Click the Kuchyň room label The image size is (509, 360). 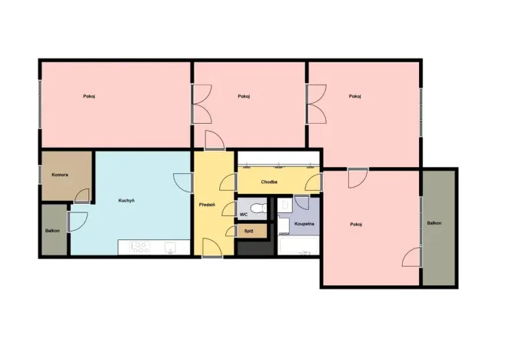pyautogui.click(x=127, y=201)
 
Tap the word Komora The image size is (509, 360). pyautogui.click(x=60, y=175)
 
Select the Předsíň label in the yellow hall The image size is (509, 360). pyautogui.click(x=206, y=205)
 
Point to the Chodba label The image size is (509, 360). pyautogui.click(x=269, y=182)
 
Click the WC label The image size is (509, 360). pyautogui.click(x=244, y=215)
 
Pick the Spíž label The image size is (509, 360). pyautogui.click(x=248, y=230)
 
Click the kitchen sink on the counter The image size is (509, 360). pyautogui.click(x=171, y=247)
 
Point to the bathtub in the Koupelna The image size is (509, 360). pyautogui.click(x=296, y=247)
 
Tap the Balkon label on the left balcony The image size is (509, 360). pyautogui.click(x=52, y=230)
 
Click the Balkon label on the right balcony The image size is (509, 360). pyautogui.click(x=434, y=223)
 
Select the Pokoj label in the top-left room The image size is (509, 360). pyautogui.click(x=89, y=96)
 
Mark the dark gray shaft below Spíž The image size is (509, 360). pyautogui.click(x=254, y=247)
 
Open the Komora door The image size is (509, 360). pyautogui.click(x=82, y=196)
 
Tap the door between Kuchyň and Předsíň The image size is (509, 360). pyautogui.click(x=185, y=182)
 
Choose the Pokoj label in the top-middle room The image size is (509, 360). pyautogui.click(x=245, y=96)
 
